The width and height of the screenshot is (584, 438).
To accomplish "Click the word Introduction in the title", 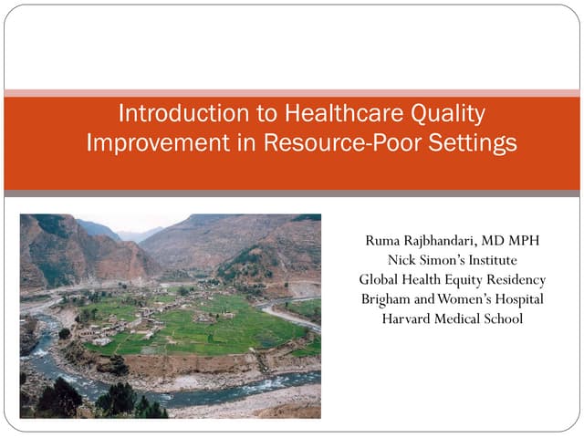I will coord(172,115).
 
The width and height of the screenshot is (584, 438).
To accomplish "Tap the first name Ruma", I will coord(382,240).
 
